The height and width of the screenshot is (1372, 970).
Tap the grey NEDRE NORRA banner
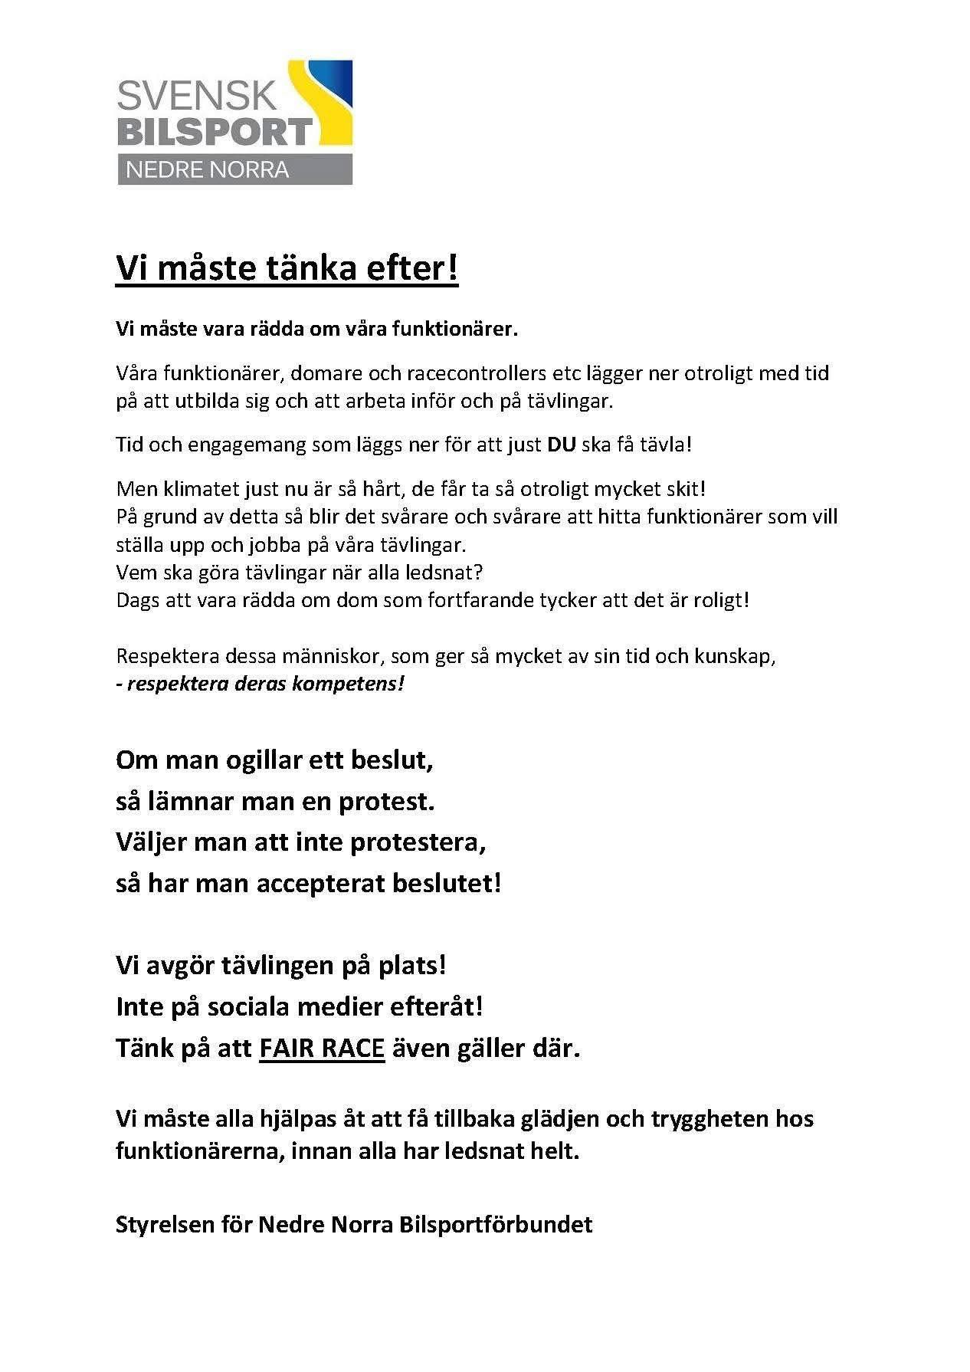(234, 169)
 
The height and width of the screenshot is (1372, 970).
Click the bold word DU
(561, 445)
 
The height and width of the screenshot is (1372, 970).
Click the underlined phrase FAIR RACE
(322, 1048)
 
